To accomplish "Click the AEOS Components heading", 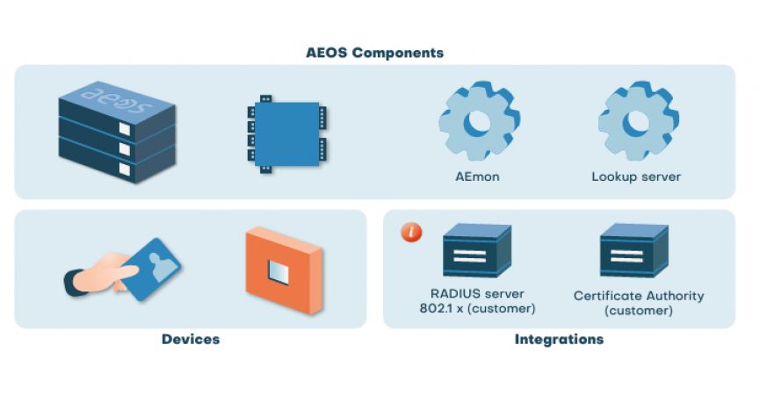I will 375,53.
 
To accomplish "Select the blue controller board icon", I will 286,134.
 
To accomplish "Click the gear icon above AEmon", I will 479,122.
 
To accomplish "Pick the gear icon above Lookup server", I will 637,122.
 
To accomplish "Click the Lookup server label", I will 636,176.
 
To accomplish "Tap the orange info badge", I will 411,233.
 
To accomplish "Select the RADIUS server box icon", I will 477,250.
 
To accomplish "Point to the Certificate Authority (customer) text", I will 639,303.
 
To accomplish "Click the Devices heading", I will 191,339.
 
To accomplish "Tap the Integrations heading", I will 559,339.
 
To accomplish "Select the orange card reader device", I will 283,270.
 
